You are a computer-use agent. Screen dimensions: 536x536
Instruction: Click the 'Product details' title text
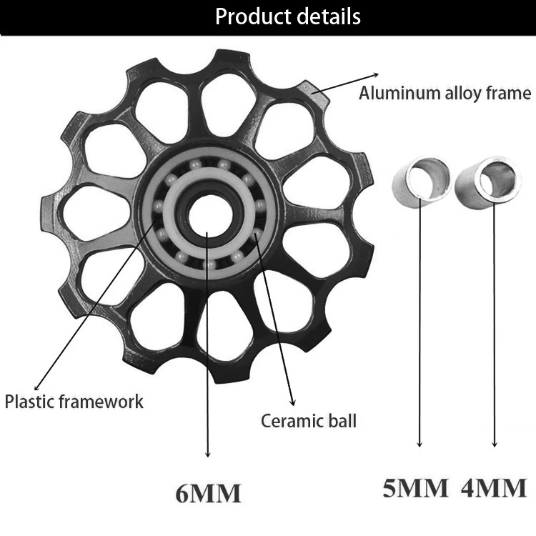[288, 16]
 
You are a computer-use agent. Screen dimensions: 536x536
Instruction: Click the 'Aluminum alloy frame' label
[445, 93]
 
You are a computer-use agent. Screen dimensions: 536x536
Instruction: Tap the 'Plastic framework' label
[74, 401]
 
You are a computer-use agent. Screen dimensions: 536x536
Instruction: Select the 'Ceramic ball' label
[308, 420]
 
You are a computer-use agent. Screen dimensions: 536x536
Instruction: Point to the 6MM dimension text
[208, 493]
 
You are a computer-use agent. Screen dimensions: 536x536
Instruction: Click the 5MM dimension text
[415, 488]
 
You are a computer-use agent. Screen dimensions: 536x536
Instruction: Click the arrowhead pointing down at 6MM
[208, 454]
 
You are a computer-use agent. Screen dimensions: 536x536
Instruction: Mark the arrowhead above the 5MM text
[420, 445]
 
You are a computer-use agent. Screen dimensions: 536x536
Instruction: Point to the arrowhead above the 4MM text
[493, 445]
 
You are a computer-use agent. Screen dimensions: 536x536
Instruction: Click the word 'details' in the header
[326, 16]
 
